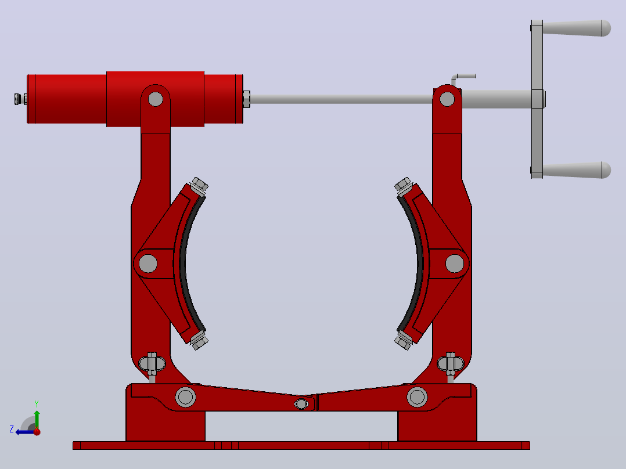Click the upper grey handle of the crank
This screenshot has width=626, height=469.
click(577, 28)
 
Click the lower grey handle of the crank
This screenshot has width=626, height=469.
click(577, 170)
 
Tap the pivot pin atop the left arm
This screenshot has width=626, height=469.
click(155, 99)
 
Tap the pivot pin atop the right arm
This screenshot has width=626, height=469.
click(447, 99)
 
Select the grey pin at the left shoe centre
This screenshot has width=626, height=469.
click(148, 264)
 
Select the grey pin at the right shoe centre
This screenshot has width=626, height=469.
click(454, 264)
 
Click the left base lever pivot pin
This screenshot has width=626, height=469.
click(186, 397)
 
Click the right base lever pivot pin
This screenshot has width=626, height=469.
click(417, 397)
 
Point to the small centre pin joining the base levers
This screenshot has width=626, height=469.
click(301, 404)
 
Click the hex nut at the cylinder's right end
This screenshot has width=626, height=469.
click(246, 99)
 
